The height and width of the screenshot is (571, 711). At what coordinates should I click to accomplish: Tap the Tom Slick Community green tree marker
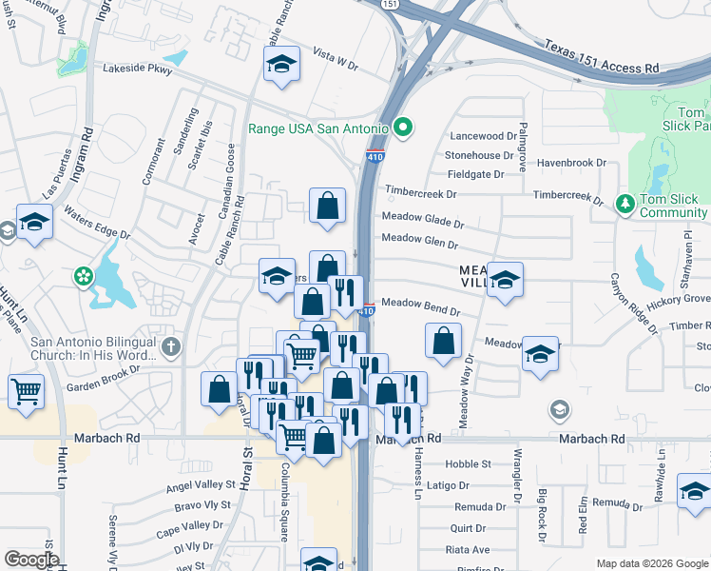point(625,204)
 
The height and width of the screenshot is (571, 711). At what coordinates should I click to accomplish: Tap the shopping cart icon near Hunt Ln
point(26,389)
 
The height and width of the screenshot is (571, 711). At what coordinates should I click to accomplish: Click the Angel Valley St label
point(200,487)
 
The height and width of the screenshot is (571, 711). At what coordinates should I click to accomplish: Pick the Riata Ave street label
point(468,549)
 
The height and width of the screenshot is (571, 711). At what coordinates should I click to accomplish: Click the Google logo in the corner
point(31,560)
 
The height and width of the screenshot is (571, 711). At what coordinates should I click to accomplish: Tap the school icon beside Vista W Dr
point(281,64)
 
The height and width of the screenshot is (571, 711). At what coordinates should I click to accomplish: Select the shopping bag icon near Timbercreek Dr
point(327,205)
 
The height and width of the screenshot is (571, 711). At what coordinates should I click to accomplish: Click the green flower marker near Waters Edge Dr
point(84,277)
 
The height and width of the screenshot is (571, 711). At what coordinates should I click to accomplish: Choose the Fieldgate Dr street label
point(475,175)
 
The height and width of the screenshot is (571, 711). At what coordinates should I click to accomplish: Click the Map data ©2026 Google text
point(652,563)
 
